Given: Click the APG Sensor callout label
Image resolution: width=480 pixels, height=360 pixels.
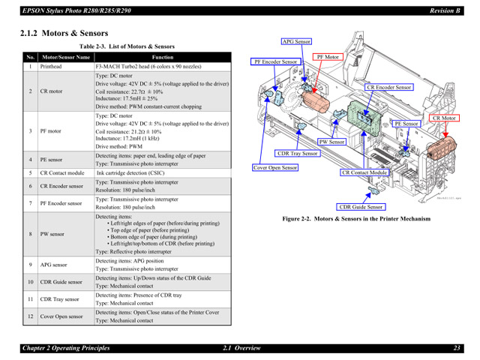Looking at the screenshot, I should pyautogui.click(x=295, y=42).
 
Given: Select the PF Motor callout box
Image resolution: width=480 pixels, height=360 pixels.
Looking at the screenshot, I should pyautogui.click(x=328, y=57).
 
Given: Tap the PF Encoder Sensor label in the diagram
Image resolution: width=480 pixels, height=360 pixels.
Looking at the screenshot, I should pyautogui.click(x=275, y=61).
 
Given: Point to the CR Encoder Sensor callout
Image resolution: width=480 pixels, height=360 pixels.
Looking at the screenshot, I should pyautogui.click(x=389, y=88).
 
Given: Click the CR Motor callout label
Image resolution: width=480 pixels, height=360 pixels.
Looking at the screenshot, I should pyautogui.click(x=444, y=118).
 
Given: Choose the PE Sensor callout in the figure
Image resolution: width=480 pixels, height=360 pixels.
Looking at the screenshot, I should pyautogui.click(x=406, y=124).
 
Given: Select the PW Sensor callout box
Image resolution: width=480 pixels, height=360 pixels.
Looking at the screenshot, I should pyautogui.click(x=331, y=142).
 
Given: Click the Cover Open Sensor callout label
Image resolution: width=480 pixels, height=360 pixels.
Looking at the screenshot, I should pyautogui.click(x=275, y=168).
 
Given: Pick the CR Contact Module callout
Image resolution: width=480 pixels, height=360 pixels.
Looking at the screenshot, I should pyautogui.click(x=365, y=172).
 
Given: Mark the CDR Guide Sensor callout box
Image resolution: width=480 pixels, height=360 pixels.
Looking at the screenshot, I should pyautogui.click(x=361, y=207).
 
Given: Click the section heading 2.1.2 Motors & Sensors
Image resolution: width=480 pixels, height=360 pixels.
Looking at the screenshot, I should pyautogui.click(x=65, y=33).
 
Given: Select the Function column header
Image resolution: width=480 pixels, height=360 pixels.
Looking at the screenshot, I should pyautogui.click(x=163, y=57).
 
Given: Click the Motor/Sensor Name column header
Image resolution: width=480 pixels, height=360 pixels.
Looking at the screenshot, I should pyautogui.click(x=66, y=57).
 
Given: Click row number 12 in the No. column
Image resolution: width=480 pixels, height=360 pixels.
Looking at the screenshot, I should pyautogui.click(x=31, y=316).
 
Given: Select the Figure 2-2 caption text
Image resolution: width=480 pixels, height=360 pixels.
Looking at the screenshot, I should pyautogui.click(x=356, y=219).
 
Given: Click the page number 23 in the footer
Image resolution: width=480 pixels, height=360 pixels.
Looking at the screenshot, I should pyautogui.click(x=456, y=347).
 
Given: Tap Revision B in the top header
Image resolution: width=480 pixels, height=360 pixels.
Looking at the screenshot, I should pyautogui.click(x=444, y=10).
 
